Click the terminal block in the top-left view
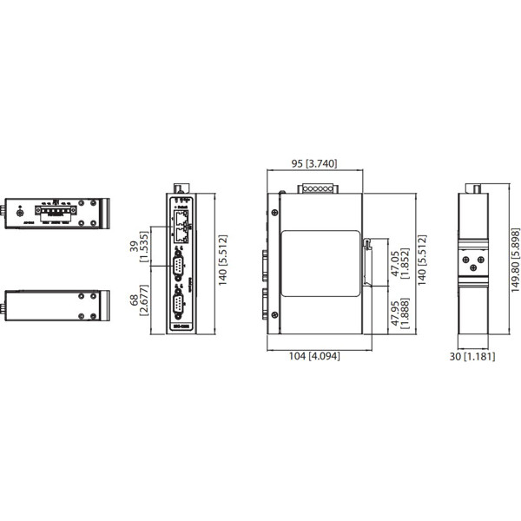(x=54, y=209)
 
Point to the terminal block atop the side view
(x=314, y=189)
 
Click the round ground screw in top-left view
(x=19, y=210)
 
